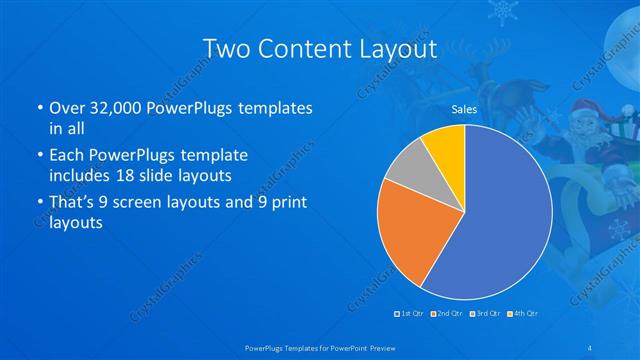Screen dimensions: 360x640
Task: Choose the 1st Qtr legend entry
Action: click(410, 313)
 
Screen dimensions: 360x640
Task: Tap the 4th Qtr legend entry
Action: click(522, 313)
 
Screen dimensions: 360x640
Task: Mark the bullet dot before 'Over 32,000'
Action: click(38, 107)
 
